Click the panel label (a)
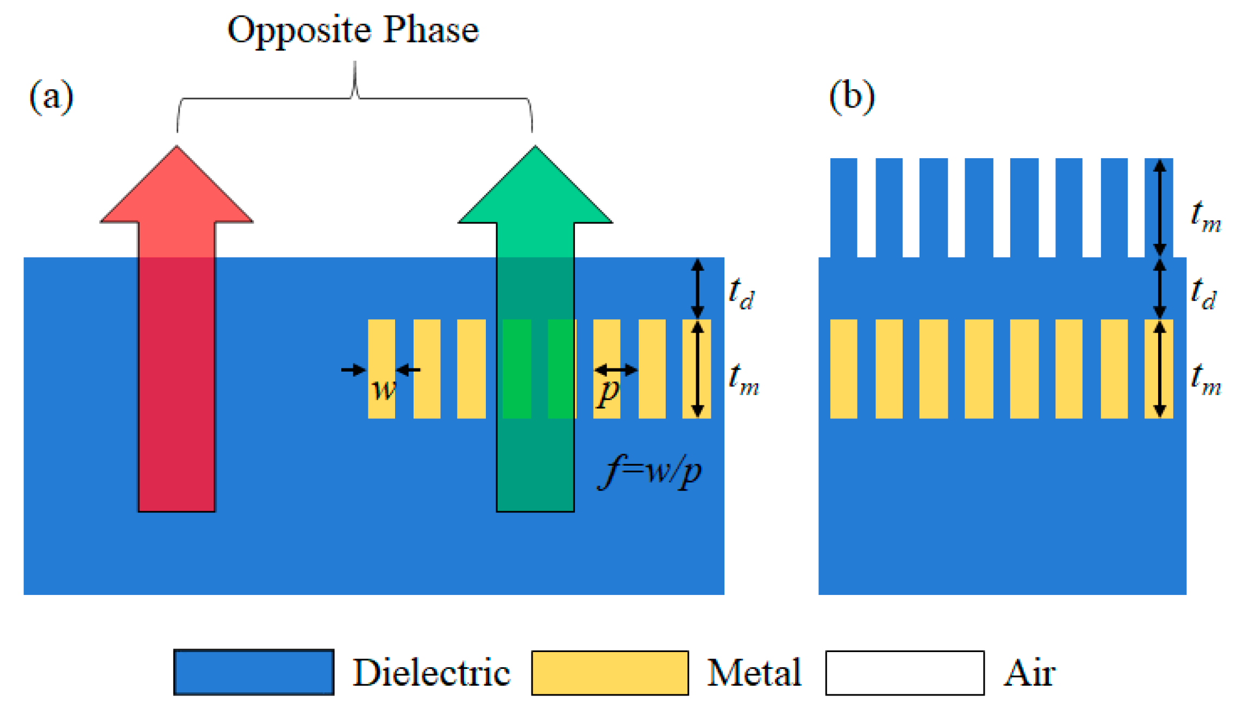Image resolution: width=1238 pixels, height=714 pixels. click(x=51, y=97)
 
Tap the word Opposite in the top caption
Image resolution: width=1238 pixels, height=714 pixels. click(x=298, y=30)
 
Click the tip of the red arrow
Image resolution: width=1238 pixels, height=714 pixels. click(x=177, y=148)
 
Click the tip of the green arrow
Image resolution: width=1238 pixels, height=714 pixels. click(x=535, y=148)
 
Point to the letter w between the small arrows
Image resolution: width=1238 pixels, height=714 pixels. click(x=384, y=389)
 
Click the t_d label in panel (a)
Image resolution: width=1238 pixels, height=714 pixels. click(x=742, y=293)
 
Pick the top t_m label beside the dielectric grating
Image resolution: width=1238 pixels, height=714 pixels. click(x=1205, y=216)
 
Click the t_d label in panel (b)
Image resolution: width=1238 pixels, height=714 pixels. click(x=1203, y=293)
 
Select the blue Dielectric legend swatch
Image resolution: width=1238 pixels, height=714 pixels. click(x=254, y=672)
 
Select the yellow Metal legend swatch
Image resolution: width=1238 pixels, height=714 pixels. click(x=610, y=673)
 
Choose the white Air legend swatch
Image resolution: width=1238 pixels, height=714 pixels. click(x=904, y=673)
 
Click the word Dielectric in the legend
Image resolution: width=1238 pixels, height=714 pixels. click(x=432, y=673)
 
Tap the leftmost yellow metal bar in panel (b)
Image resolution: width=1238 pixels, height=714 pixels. click(x=843, y=369)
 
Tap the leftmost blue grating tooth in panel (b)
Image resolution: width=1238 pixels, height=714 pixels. click(x=843, y=207)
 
